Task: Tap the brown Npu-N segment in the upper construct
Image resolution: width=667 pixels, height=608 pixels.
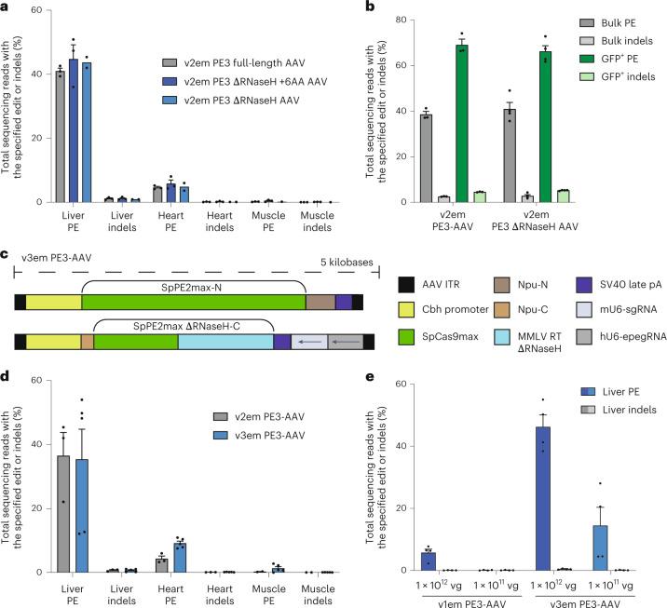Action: click(x=320, y=302)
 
